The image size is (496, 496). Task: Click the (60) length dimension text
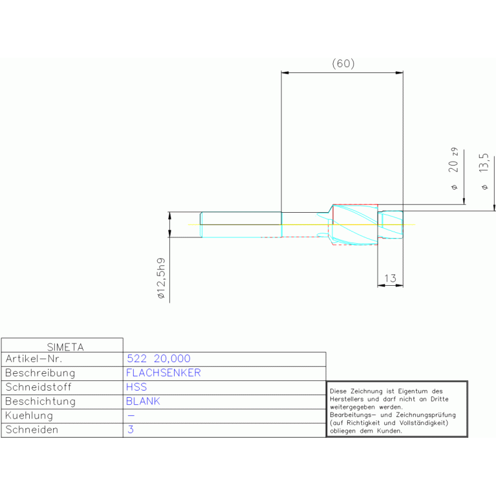[x=343, y=63]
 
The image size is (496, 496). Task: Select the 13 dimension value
[x=390, y=278]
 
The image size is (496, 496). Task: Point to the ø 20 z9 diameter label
[x=454, y=167]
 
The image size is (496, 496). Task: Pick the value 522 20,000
[x=158, y=358]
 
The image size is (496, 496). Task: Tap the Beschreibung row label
[x=40, y=372]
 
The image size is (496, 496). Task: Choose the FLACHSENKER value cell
[x=163, y=372]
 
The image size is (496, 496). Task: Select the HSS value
[x=136, y=387]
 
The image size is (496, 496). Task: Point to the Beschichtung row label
[x=40, y=401]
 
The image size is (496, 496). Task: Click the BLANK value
[x=143, y=401]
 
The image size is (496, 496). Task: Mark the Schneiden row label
[x=32, y=429]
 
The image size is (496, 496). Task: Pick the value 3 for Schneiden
[x=130, y=429]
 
